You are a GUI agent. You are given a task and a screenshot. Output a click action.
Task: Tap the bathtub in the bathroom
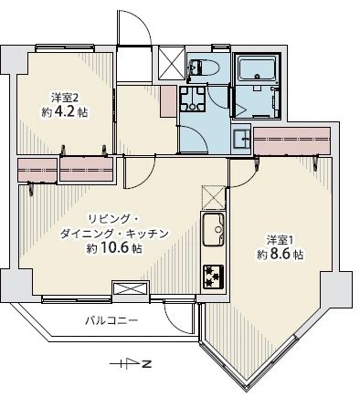(258, 69)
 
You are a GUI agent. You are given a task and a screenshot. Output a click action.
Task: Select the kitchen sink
(214, 230)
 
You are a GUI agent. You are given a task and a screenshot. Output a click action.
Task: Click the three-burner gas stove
(214, 277)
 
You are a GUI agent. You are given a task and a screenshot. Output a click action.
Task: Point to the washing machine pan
(192, 99)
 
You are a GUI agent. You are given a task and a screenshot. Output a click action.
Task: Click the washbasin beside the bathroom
(241, 139)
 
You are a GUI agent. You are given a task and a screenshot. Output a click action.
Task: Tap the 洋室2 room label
(65, 98)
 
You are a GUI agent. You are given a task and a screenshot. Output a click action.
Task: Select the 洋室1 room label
(281, 240)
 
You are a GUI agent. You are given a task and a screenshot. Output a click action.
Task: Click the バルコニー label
(111, 320)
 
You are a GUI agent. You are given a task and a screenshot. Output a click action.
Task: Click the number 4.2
(64, 112)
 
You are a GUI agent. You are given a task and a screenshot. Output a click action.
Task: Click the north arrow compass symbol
(131, 363)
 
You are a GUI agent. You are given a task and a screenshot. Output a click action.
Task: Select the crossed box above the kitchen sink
(214, 197)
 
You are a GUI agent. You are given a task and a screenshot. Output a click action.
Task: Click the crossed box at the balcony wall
(131, 288)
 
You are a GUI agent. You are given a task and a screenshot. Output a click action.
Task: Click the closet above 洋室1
(292, 141)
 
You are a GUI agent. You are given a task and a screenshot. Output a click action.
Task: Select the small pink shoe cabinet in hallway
(168, 101)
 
